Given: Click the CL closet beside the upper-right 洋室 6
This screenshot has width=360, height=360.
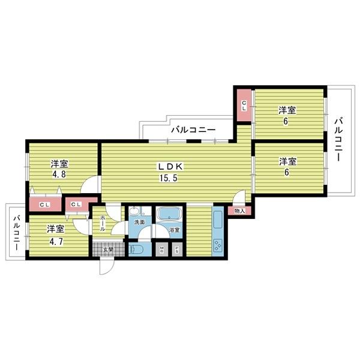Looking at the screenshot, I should click(x=244, y=106).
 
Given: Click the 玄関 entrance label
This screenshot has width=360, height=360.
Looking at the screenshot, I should click(x=108, y=250).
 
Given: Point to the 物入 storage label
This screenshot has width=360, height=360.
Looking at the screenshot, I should click(x=239, y=211).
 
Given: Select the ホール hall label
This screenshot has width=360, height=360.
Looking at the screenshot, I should click(x=103, y=224).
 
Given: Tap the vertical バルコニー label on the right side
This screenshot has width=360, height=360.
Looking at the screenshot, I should click(x=339, y=140).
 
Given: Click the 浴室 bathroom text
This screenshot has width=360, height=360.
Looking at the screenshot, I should click(x=174, y=230).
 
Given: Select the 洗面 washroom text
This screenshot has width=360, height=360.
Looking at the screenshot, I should click(x=139, y=223).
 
